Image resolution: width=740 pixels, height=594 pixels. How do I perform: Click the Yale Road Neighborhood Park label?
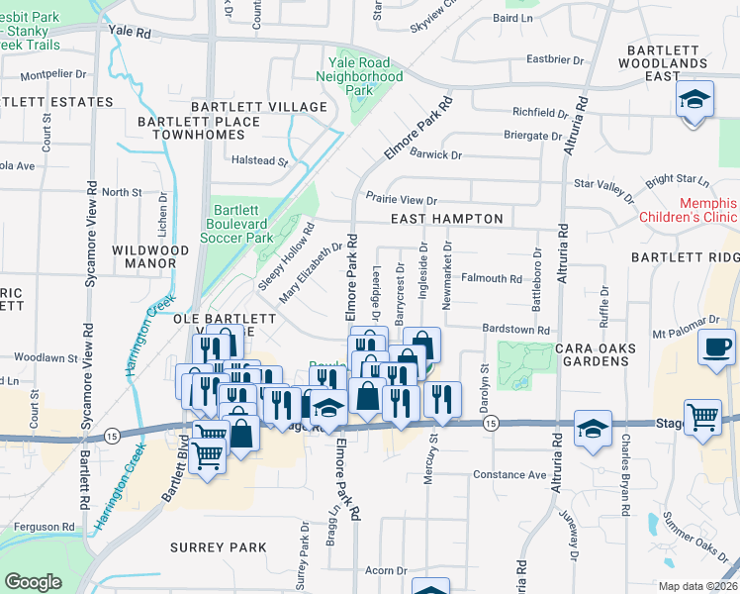(x=365, y=76)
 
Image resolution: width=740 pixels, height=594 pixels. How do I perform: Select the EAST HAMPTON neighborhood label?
(x=446, y=219)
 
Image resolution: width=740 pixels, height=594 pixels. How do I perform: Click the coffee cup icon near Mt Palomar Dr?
(x=717, y=347)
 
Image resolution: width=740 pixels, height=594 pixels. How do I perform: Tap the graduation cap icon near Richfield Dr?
(x=694, y=100)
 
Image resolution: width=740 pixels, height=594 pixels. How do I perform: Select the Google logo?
(x=34, y=582)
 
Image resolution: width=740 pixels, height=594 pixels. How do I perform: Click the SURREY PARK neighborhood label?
(x=218, y=547)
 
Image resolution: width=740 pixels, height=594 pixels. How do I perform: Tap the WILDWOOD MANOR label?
(x=150, y=257)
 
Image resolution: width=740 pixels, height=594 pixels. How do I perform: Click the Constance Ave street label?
(x=509, y=475)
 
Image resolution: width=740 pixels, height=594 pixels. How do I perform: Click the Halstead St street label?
(x=259, y=160)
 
